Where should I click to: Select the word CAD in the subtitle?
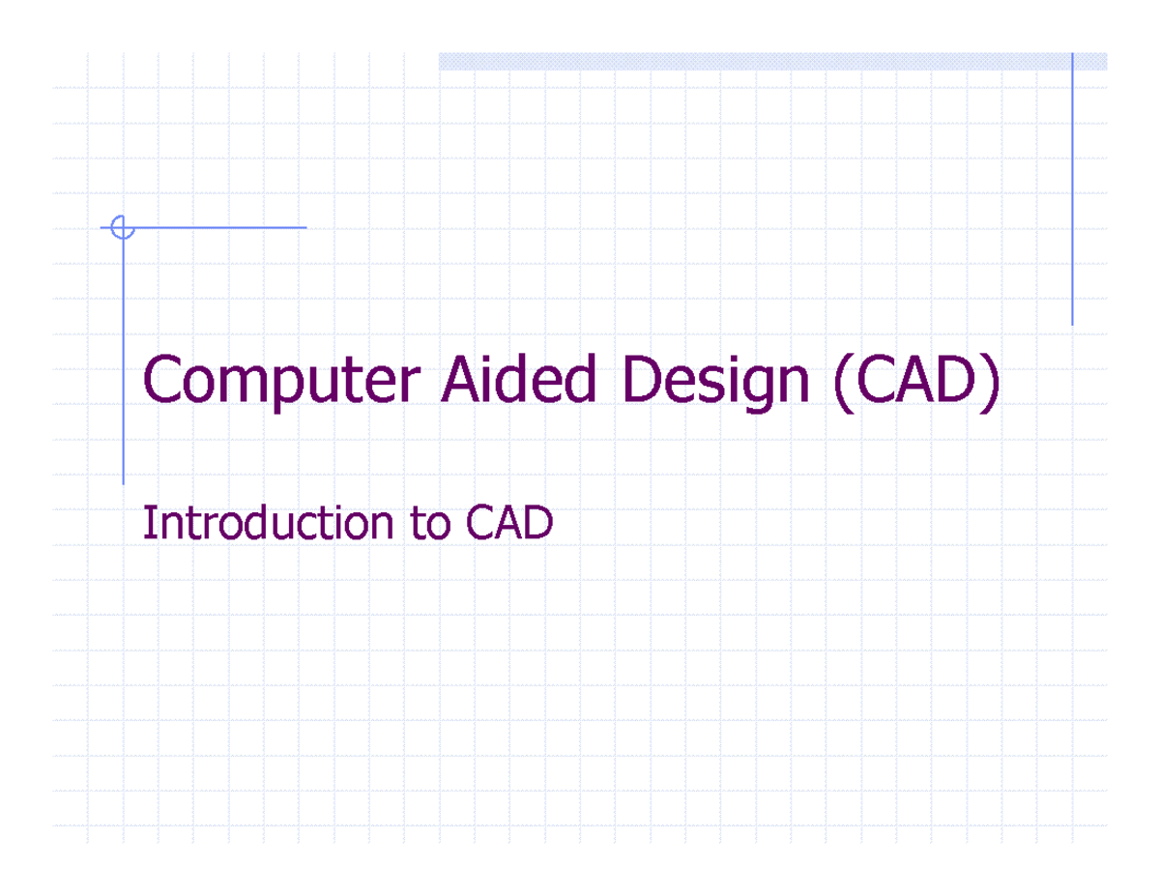508,524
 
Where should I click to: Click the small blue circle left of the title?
121,228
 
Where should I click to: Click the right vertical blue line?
1072,193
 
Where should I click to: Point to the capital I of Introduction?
148,524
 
